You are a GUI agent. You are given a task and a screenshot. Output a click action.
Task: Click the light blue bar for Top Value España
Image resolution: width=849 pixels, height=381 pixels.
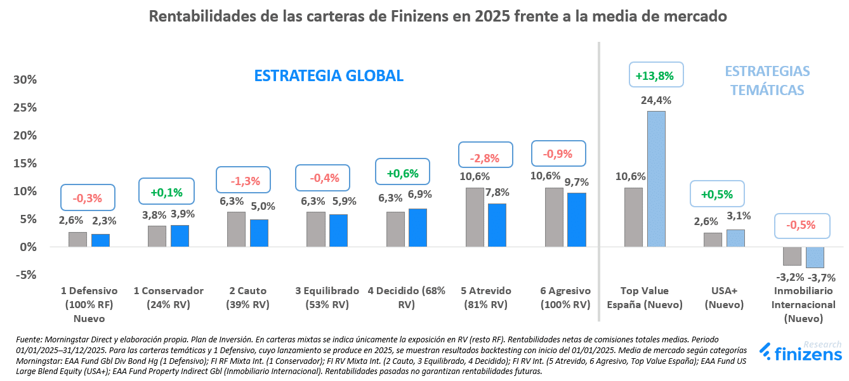[x=656, y=179]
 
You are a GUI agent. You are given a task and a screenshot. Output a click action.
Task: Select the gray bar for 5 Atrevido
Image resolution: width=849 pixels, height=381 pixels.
[x=475, y=217]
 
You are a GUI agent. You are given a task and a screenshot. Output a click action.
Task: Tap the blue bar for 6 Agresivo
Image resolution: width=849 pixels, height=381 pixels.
[x=577, y=219]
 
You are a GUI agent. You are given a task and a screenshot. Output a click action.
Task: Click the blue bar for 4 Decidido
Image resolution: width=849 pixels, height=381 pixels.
[x=418, y=227]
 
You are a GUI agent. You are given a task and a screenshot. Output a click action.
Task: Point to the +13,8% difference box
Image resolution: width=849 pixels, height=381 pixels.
[x=655, y=75]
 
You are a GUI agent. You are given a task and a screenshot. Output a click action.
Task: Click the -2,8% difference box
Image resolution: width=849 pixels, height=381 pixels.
[x=484, y=158]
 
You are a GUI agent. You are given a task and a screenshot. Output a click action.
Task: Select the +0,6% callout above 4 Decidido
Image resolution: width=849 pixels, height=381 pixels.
[x=404, y=172]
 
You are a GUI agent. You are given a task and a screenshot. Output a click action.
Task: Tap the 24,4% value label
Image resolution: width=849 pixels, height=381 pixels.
[x=656, y=100]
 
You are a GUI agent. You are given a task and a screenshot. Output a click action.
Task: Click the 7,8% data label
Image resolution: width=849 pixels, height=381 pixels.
[x=498, y=192]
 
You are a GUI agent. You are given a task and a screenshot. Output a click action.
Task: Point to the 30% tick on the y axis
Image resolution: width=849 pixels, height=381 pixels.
[x=25, y=80]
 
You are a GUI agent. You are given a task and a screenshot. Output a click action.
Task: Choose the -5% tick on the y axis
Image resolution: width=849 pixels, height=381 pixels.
[x=25, y=275]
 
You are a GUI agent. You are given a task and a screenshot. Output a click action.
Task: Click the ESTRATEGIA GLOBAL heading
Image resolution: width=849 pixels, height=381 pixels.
[x=329, y=76]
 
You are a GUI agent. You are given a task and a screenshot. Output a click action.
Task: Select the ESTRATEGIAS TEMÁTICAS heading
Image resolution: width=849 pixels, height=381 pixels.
[x=767, y=81]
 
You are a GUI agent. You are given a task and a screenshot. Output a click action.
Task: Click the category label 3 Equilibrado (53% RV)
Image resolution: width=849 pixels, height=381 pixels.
[x=327, y=297]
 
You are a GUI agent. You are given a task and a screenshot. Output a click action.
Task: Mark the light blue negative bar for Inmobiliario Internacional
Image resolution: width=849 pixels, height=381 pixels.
[x=815, y=257]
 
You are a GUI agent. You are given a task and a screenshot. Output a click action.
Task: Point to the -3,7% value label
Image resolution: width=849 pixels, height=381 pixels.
[x=821, y=277]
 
